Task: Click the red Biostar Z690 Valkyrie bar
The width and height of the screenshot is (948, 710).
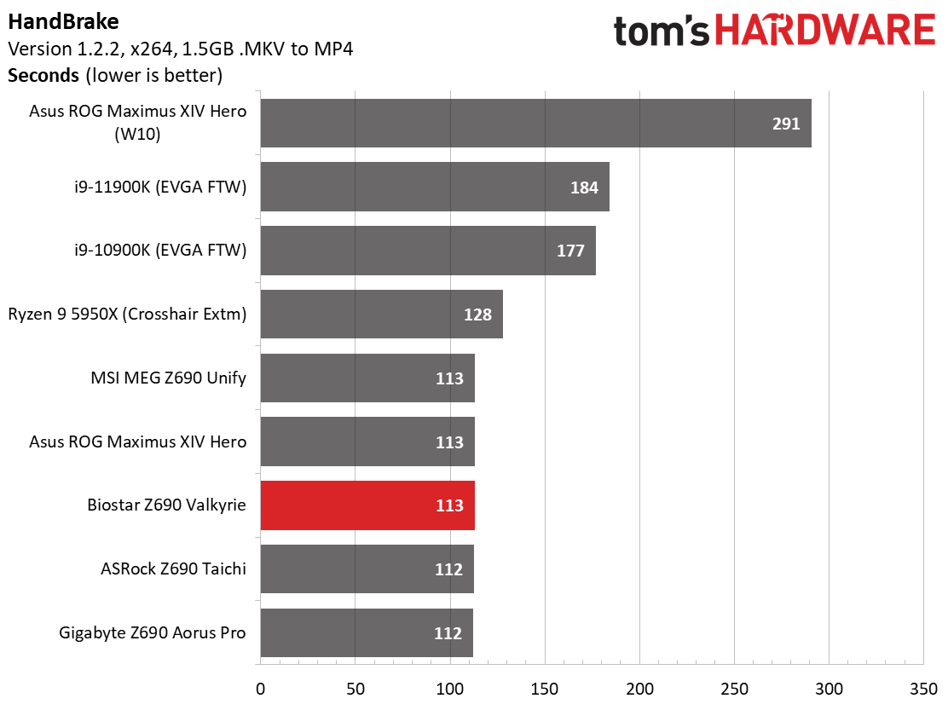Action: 367,505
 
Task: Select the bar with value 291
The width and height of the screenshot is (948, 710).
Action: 535,124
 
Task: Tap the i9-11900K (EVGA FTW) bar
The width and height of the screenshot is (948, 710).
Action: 435,187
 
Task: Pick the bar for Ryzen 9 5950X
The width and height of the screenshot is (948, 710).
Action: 381,315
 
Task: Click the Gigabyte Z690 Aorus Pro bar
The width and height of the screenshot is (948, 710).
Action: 367,632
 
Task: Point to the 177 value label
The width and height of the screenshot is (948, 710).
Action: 570,251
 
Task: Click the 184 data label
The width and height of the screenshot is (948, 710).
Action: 585,188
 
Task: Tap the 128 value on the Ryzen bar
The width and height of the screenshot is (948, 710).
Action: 477,315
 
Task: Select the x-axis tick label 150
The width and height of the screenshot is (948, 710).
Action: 545,689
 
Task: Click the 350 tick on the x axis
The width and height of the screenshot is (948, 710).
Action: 924,689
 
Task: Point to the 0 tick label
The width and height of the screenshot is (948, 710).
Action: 261,689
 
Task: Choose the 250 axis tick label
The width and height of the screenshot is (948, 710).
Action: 735,689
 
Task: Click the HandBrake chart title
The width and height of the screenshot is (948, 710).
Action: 63,22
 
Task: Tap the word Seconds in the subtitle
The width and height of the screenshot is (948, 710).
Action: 43,76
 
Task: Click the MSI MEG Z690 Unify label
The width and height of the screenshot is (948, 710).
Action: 169,378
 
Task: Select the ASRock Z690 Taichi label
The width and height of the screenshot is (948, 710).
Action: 174,569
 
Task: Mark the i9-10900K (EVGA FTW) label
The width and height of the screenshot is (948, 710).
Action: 160,250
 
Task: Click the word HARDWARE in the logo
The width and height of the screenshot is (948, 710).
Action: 826,30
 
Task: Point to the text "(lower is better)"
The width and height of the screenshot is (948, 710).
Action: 154,76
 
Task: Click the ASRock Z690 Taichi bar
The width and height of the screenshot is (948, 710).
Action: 367,569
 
